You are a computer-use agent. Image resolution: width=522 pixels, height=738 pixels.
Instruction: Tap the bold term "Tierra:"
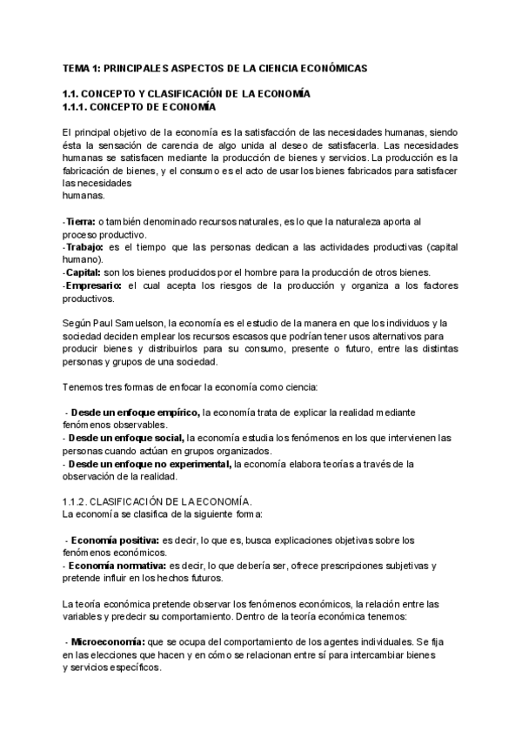pos(81,223)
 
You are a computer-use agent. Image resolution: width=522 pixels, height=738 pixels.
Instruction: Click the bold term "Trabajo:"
pos(84,247)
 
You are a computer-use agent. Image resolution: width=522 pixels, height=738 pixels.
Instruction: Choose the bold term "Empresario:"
pos(94,285)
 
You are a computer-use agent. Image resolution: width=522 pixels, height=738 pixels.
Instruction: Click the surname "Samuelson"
pos(142,324)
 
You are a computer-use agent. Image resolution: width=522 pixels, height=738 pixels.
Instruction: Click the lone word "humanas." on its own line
pos(83,197)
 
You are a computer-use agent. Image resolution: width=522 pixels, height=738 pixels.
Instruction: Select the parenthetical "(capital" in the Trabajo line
pos(441,247)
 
